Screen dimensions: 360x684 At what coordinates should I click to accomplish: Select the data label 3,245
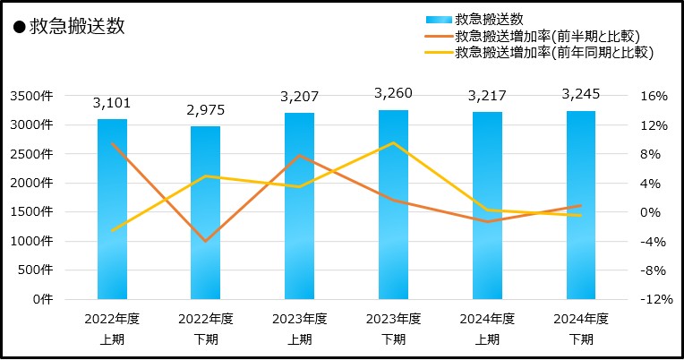(x=580, y=92)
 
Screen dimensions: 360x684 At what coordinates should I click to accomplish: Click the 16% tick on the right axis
(x=655, y=96)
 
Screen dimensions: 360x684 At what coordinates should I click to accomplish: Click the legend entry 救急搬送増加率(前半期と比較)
(x=549, y=36)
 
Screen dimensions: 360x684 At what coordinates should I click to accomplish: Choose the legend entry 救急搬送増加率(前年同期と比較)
(x=553, y=53)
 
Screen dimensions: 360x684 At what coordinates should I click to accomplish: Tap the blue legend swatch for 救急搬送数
(x=436, y=19)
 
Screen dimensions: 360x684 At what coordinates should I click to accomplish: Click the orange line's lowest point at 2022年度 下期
(x=205, y=241)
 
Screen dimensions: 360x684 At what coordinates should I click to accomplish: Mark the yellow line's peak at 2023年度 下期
(x=394, y=142)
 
